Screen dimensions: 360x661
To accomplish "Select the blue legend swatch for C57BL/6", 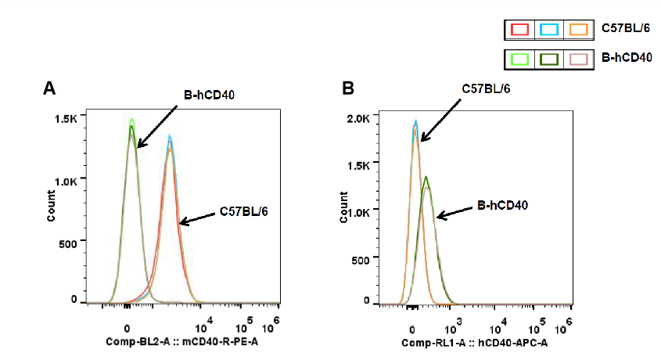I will coord(549,30).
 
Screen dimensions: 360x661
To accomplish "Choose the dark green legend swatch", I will coord(549,59).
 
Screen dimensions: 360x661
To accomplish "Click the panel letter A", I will coord(49,88).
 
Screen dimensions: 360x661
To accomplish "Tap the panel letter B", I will coord(348,88).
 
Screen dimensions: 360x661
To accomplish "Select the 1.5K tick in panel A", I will coord(66,117).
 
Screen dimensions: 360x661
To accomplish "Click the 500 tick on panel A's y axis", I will coord(68,243).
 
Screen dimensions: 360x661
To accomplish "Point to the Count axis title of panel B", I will coord(343,210).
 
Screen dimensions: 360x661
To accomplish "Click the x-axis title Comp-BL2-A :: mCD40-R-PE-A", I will coord(182,343).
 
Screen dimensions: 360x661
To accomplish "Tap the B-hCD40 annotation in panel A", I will coord(210,95).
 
